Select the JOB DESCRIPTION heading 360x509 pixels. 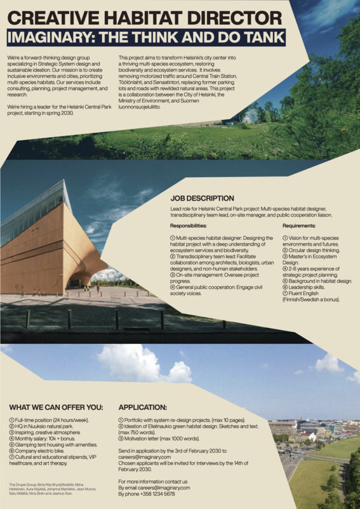click(x=202, y=199)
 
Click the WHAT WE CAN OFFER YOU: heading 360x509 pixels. click(x=55, y=407)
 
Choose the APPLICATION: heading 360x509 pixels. click(x=143, y=407)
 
